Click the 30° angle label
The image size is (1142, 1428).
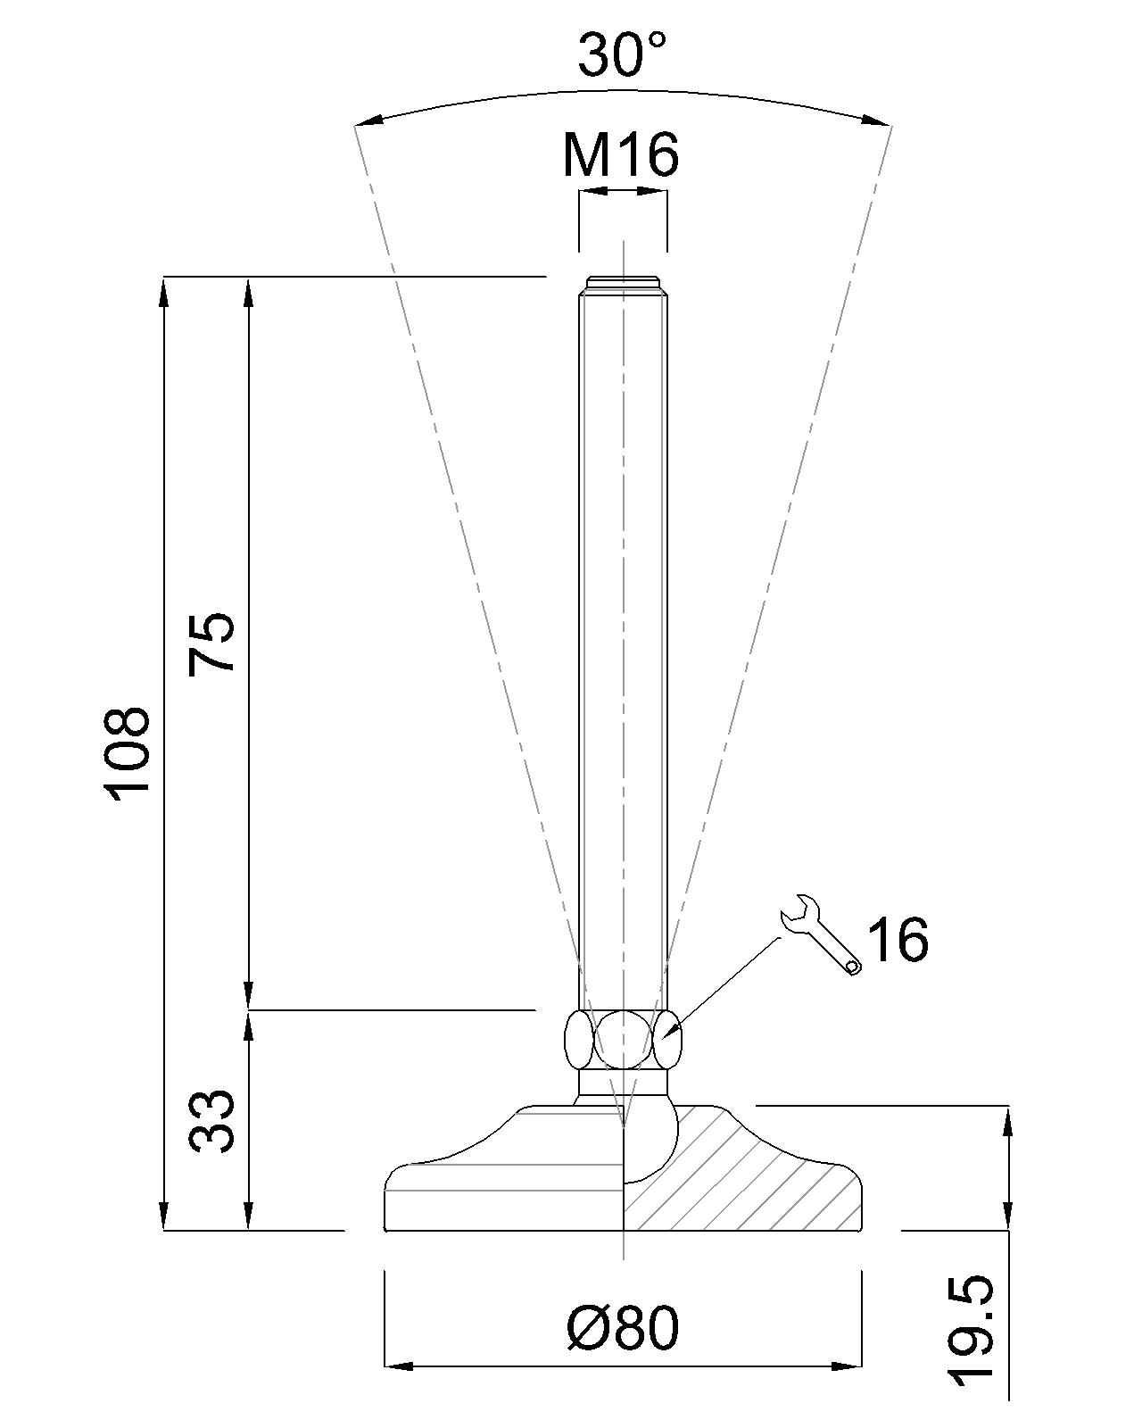click(x=622, y=55)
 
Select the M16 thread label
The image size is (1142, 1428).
click(x=621, y=154)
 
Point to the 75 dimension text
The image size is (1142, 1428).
click(x=211, y=643)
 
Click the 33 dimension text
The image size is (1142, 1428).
click(x=212, y=1121)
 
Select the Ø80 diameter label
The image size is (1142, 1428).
click(x=622, y=1327)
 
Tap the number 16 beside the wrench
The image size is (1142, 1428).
click(x=898, y=939)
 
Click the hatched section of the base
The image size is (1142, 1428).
click(x=758, y=1178)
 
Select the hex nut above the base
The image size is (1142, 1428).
click(x=622, y=1040)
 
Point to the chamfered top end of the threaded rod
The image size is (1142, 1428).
click(x=622, y=283)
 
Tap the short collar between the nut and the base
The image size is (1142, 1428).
click(x=622, y=1083)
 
